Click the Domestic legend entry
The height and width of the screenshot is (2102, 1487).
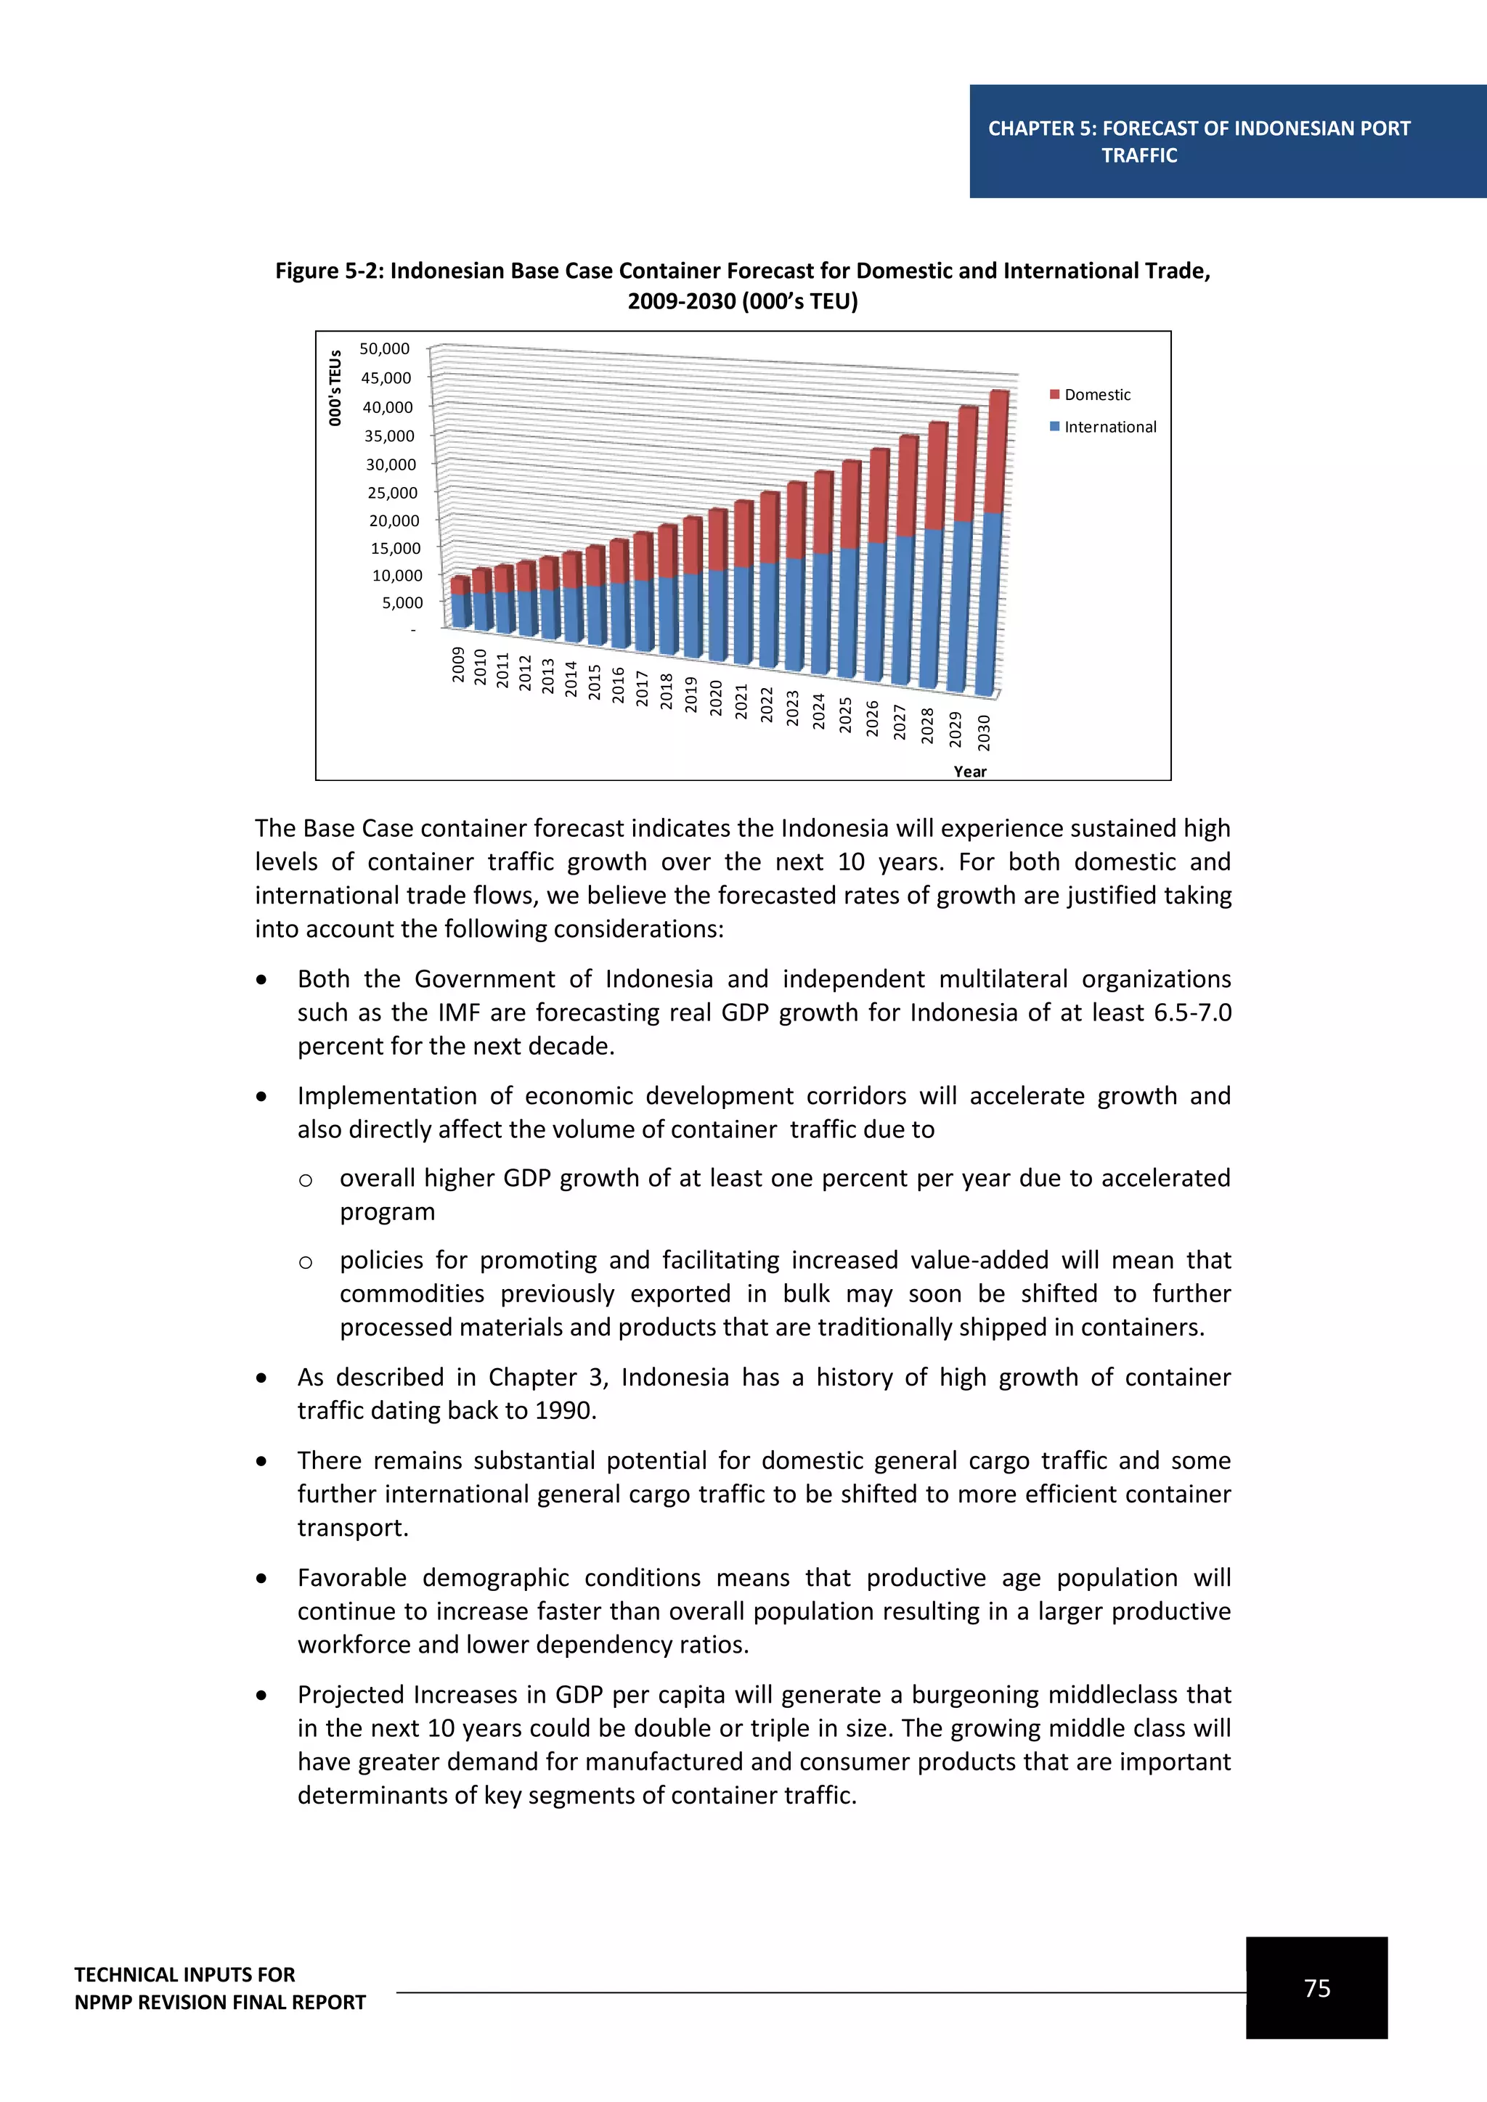pos(1096,395)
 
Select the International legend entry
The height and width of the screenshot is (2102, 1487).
pos(1109,427)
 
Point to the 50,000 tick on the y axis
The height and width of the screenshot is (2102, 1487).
pos(385,349)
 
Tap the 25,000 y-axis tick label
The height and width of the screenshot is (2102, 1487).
pos(392,493)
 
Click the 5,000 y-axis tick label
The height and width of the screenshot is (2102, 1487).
pos(402,602)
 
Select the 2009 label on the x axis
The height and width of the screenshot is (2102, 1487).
pos(458,665)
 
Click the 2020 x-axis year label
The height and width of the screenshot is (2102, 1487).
pos(716,698)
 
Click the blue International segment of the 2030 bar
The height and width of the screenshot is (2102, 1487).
pos(989,604)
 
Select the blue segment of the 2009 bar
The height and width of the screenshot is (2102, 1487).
pos(460,610)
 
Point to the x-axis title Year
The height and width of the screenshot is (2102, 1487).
pos(969,772)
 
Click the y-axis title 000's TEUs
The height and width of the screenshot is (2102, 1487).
pos(335,388)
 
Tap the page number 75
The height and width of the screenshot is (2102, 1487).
pos(1316,1987)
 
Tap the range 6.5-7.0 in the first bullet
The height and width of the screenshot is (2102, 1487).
pos(1191,1013)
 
